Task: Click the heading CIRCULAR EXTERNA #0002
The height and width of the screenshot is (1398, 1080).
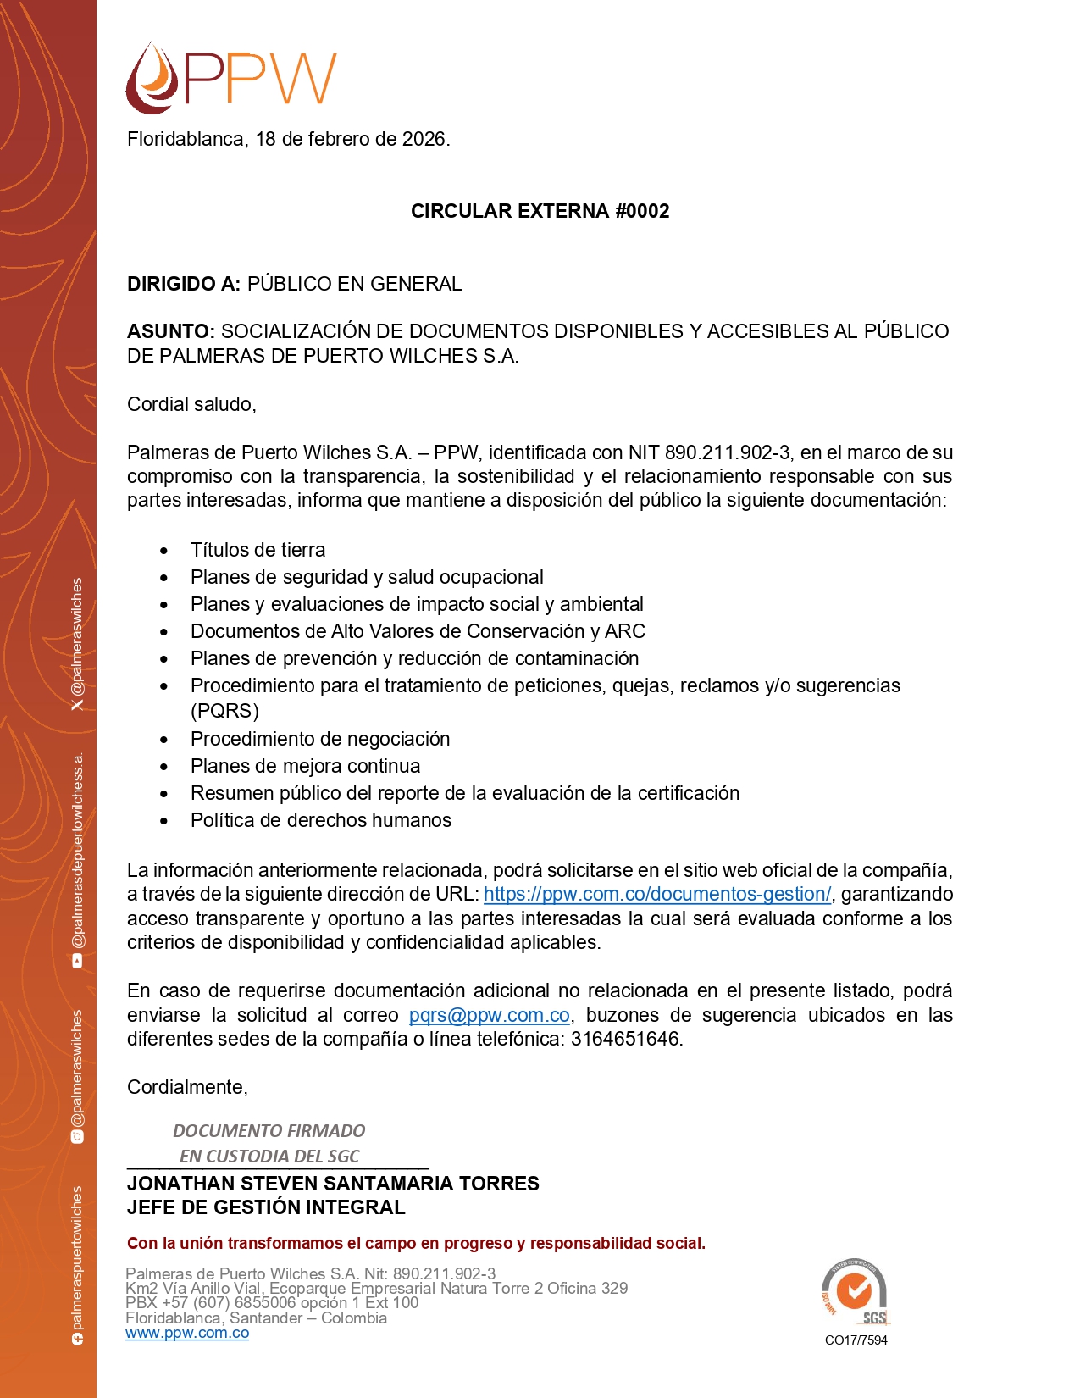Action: pyautogui.click(x=540, y=211)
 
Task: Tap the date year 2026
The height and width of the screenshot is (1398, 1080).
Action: pyautogui.click(x=424, y=139)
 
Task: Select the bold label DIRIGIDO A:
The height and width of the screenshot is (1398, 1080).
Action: pyautogui.click(x=184, y=284)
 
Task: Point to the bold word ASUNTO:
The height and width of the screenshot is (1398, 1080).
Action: pyautogui.click(x=170, y=331)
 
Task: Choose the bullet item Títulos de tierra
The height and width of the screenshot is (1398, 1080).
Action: pyautogui.click(x=258, y=550)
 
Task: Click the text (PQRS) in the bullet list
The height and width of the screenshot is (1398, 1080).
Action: pyautogui.click(x=224, y=710)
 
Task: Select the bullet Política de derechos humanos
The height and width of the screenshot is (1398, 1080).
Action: pyautogui.click(x=320, y=820)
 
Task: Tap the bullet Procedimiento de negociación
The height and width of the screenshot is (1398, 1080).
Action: pyautogui.click(x=319, y=739)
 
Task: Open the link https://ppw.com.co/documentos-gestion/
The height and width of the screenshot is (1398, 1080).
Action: pyautogui.click(x=657, y=894)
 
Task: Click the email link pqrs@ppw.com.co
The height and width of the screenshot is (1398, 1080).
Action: pyautogui.click(x=489, y=1015)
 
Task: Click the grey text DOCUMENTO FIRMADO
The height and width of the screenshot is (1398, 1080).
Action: pyautogui.click(x=269, y=1131)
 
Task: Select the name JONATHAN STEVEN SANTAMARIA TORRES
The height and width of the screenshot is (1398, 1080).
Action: pyautogui.click(x=333, y=1184)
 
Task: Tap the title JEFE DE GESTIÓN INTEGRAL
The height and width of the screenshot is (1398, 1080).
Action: pyautogui.click(x=266, y=1207)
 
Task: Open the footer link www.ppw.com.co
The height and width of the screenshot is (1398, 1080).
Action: pyautogui.click(x=187, y=1333)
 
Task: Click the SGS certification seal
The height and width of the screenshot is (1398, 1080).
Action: pyautogui.click(x=854, y=1291)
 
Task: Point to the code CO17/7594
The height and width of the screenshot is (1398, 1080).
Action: pyautogui.click(x=856, y=1340)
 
